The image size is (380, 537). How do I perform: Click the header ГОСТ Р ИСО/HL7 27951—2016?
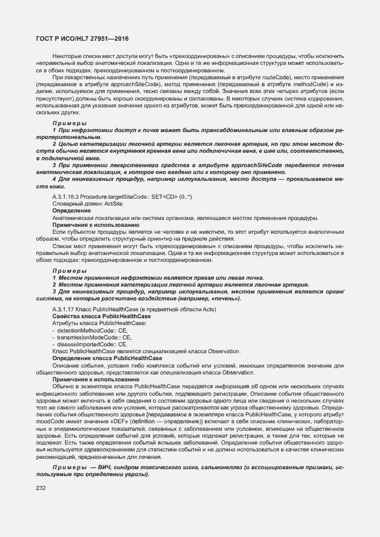tap(79, 38)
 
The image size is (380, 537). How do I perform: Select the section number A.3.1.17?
tap(63, 310)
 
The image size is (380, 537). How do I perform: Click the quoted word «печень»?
tap(226, 299)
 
